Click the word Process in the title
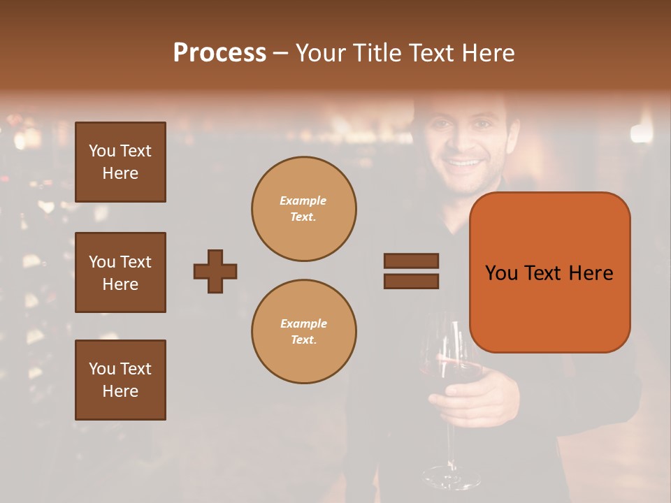click(219, 53)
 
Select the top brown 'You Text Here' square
click(120, 162)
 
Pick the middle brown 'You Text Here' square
click(120, 272)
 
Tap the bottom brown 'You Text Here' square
click(120, 379)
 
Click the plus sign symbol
click(215, 271)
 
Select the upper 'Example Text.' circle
click(304, 209)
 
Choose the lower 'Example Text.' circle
click(304, 332)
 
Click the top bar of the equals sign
click(411, 261)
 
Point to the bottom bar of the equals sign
click(411, 281)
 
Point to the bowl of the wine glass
click(454, 363)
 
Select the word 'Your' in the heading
click(322, 53)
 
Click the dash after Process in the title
click(281, 54)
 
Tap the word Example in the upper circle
click(303, 201)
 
